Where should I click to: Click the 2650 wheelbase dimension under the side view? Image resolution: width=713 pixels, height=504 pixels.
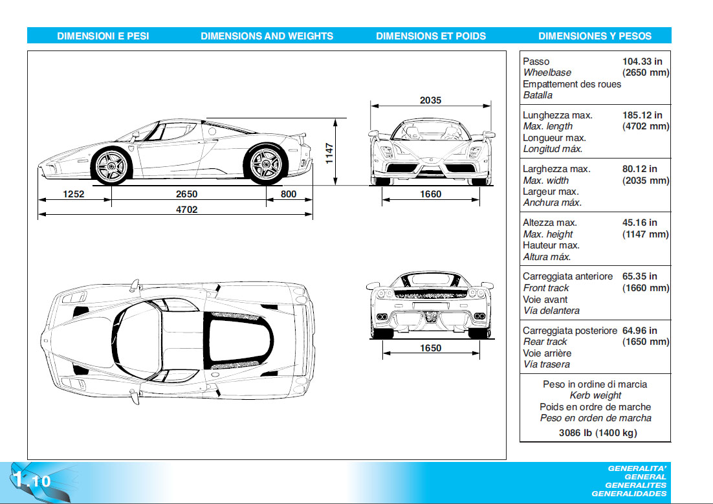coord(186,194)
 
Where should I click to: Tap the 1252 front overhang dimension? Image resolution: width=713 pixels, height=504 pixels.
coord(74,194)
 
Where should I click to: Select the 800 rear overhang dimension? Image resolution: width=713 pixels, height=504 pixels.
coord(289,194)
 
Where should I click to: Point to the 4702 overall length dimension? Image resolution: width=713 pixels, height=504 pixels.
coord(186,209)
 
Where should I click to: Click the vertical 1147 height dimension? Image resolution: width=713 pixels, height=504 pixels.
coord(329,153)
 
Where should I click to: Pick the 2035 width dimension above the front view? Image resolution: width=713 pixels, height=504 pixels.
coord(430,100)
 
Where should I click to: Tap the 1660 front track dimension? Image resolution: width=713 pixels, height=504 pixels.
coord(430,194)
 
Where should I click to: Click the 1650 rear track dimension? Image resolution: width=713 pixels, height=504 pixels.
coord(430,348)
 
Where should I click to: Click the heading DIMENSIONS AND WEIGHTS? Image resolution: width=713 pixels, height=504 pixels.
coord(267,36)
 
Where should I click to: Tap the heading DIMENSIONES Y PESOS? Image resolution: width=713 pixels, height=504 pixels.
coord(595,36)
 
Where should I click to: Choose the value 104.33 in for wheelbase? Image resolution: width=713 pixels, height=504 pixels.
coord(642,61)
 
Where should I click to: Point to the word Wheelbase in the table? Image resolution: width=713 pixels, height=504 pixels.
coord(547,73)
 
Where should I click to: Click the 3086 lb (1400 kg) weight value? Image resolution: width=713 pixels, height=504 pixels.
coord(597,433)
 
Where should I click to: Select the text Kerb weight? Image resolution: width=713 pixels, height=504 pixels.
coord(595,395)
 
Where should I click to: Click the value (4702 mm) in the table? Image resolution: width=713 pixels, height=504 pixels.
coord(645,127)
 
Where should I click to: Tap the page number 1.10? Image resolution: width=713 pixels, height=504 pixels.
coord(31,481)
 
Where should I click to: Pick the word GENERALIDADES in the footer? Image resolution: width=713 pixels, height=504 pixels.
coord(629,494)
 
